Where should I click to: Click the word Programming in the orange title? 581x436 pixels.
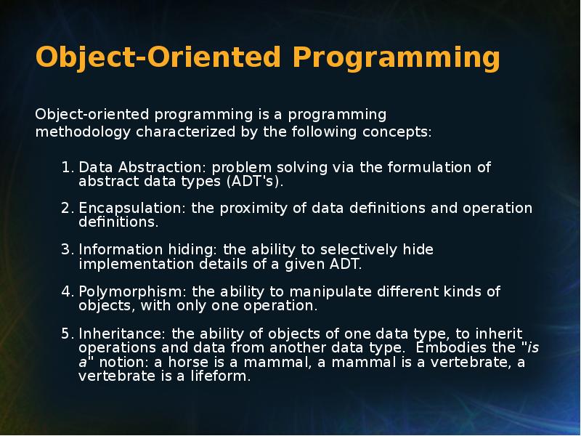pos(396,58)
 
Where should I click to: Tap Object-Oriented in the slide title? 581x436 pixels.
pos(158,58)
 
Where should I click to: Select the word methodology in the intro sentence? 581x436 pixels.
pos(83,132)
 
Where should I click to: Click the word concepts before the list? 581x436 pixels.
pos(397,132)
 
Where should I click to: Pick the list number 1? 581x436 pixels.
pos(68,167)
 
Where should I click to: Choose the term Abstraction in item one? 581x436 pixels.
pos(161,167)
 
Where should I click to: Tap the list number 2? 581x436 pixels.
pos(68,208)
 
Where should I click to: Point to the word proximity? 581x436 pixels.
pos(253,209)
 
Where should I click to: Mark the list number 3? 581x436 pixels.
pos(68,249)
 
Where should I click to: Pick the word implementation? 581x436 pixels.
pos(137,265)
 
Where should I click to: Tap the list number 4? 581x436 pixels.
pos(68,291)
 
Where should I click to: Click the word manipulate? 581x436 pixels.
pos(330,292)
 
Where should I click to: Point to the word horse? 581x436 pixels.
pos(189,362)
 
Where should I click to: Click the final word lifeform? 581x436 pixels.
pos(221,376)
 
